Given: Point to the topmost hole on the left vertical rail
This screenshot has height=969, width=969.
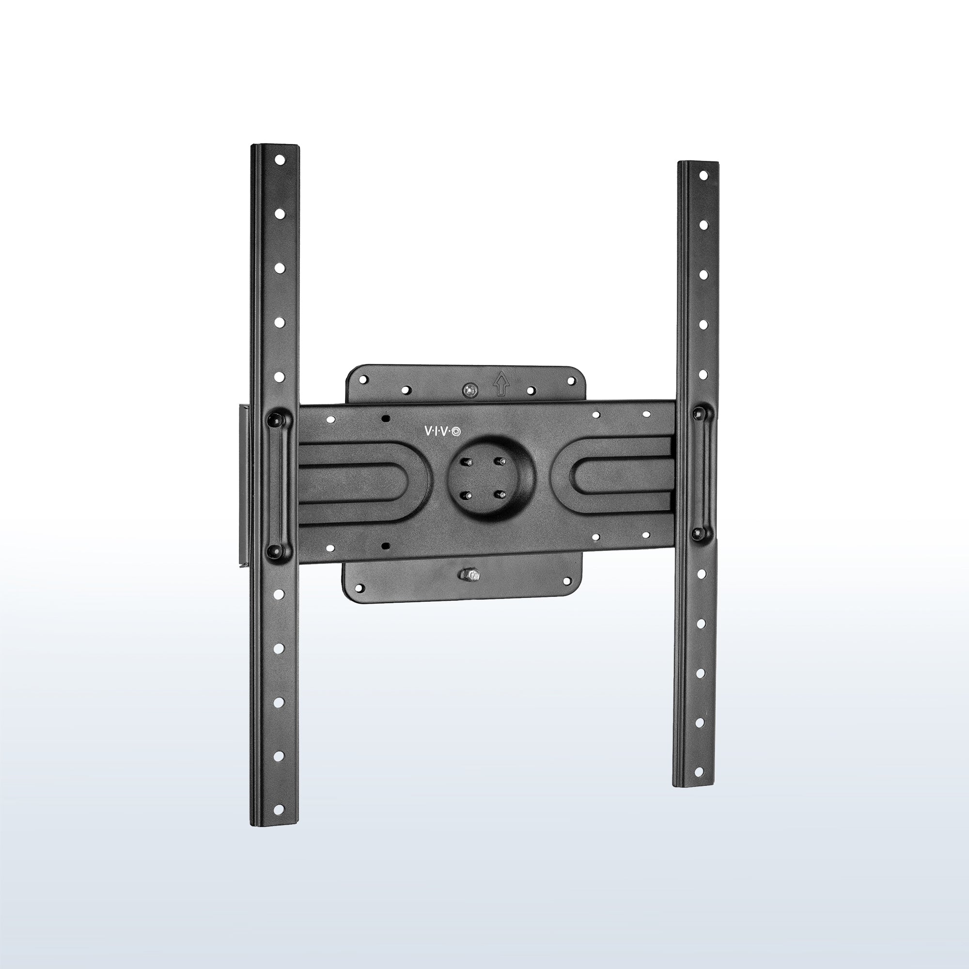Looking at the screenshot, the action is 280,160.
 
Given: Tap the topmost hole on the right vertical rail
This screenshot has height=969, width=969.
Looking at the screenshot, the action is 703,175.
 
